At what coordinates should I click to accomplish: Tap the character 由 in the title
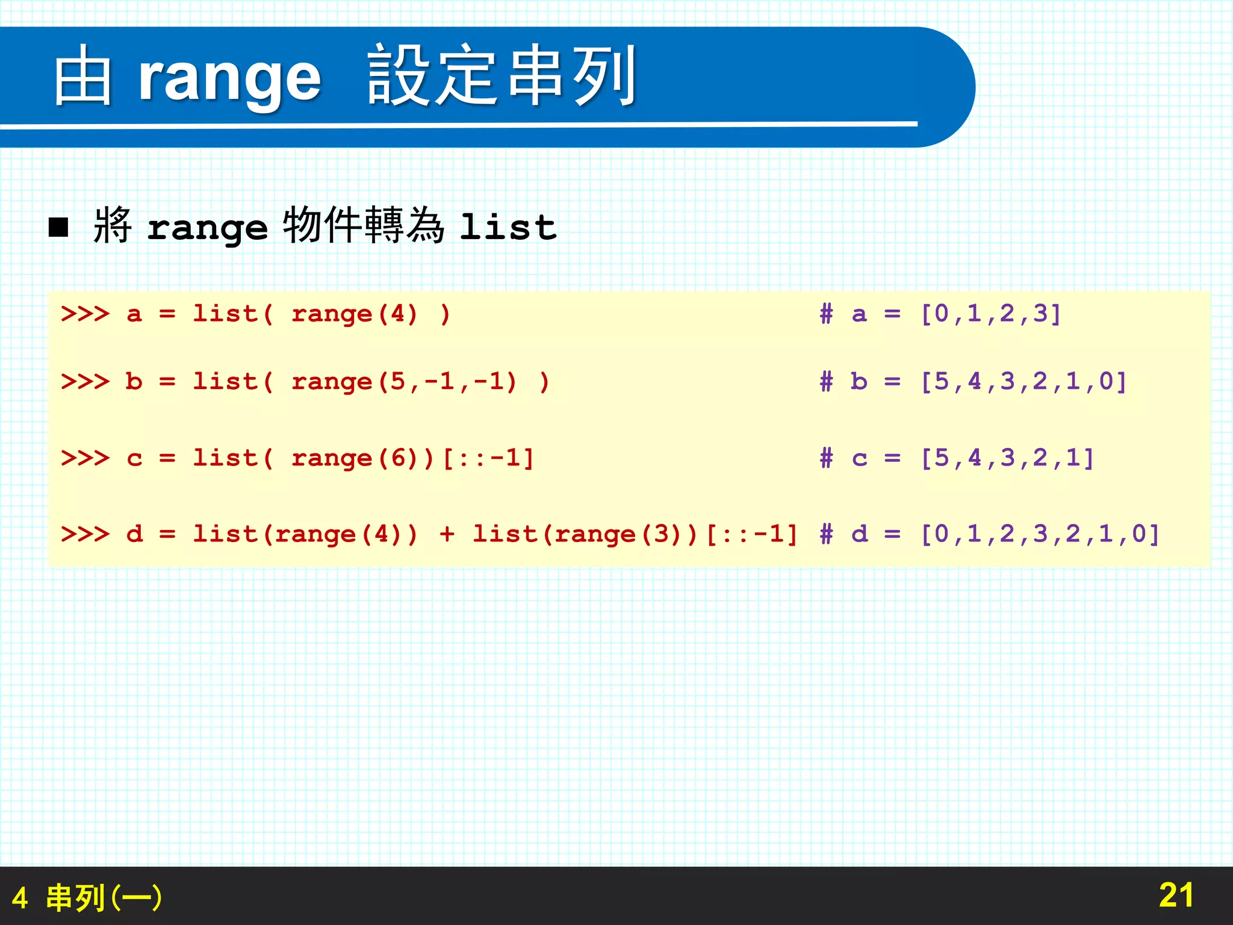point(82,76)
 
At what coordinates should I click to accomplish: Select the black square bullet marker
point(58,228)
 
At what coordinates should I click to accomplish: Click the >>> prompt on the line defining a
point(85,314)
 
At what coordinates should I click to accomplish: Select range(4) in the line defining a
point(354,314)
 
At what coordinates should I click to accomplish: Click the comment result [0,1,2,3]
point(990,314)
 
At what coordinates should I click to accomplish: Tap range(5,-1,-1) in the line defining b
point(403,382)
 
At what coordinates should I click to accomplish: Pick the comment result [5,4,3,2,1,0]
point(1023,382)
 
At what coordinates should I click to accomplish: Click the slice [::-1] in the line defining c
point(488,458)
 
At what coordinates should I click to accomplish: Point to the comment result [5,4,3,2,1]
point(1007,458)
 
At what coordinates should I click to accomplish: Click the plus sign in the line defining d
point(446,534)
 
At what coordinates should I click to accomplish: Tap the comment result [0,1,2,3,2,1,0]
point(1040,534)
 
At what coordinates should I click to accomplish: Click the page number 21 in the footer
point(1176,895)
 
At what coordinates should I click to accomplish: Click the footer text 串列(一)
point(104,898)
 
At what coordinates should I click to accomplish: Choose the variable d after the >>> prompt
point(135,534)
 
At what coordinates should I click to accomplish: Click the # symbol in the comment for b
point(826,382)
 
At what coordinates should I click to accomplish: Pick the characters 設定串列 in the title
point(502,76)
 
